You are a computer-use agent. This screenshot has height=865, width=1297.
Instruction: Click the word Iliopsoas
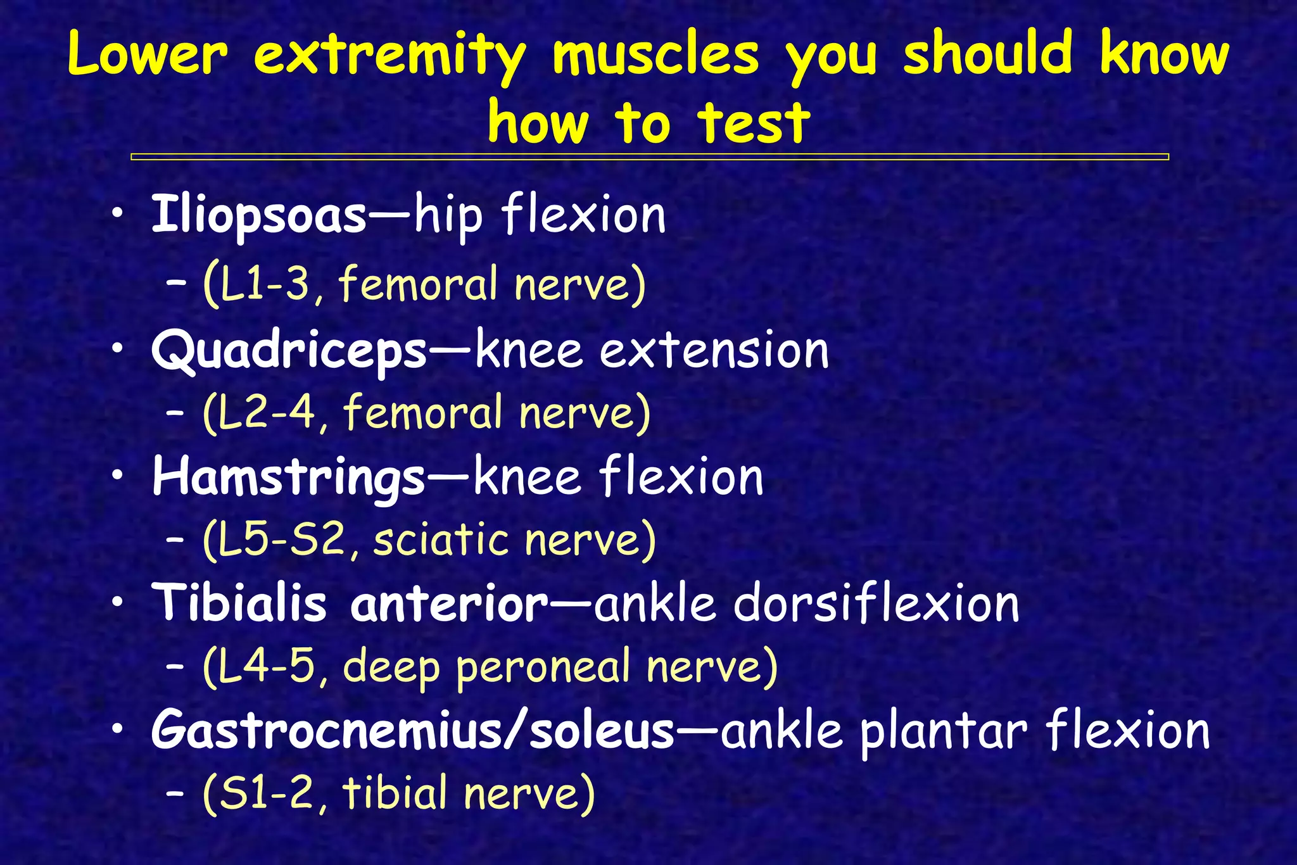pos(258,215)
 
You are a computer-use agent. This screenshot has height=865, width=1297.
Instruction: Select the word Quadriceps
pos(289,351)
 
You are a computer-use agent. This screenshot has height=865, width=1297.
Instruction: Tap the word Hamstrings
pos(288,477)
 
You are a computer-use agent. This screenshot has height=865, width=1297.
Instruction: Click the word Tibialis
pos(239,603)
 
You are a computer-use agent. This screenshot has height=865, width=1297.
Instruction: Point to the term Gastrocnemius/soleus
pos(412,730)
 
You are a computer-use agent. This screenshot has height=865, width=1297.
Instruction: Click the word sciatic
pos(441,540)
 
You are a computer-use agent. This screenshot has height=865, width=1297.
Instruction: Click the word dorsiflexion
pos(876,603)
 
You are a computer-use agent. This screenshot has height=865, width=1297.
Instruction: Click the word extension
pos(714,351)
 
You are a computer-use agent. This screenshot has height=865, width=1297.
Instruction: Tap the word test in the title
pos(754,122)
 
